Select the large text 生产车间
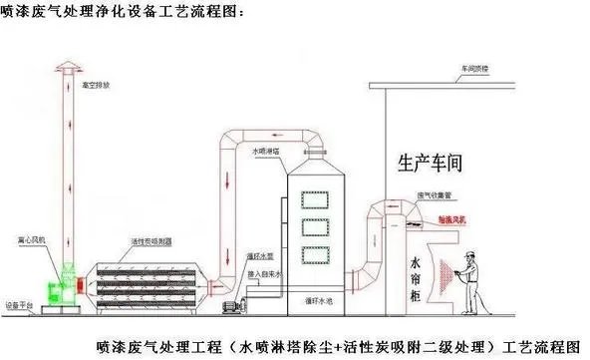[431, 161]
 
